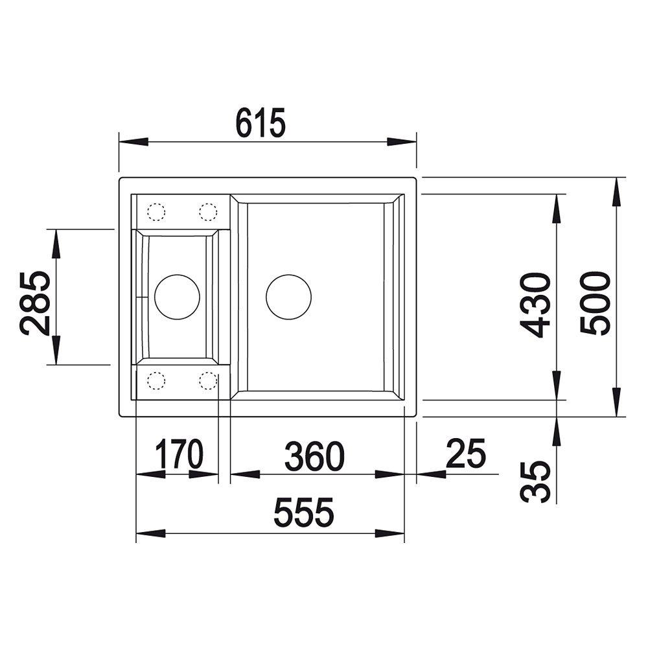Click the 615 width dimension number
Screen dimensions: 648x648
[x=260, y=122]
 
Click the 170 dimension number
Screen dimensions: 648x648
[x=179, y=454]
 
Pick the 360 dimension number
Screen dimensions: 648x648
[x=314, y=457]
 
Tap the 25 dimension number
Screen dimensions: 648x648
[x=466, y=454]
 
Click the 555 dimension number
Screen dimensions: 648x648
[x=304, y=512]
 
